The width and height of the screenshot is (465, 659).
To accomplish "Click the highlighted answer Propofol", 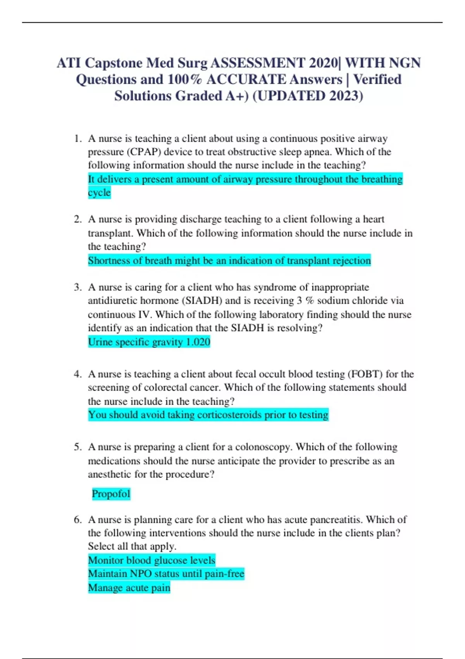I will (x=111, y=494).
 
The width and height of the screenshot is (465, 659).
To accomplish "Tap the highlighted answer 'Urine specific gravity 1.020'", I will (x=149, y=342).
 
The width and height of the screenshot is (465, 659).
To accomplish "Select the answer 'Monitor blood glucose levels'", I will (x=152, y=560).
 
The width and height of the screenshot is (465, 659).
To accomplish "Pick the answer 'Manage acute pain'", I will (x=129, y=588).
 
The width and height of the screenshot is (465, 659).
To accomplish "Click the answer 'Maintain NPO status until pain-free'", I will (x=166, y=574).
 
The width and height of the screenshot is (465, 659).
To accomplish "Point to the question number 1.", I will (x=78, y=138).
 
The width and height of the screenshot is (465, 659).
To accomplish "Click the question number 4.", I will (x=78, y=374).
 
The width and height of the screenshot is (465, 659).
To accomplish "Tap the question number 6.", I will (x=78, y=519).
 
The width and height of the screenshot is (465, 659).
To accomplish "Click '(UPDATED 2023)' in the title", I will (x=308, y=96).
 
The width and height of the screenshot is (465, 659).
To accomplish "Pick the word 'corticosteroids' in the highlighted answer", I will (x=229, y=415).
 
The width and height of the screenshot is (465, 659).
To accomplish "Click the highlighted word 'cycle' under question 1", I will (x=99, y=193).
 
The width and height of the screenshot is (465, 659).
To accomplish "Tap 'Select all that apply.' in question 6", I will (x=132, y=546).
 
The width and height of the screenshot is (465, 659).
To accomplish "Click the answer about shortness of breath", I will (x=229, y=260).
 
